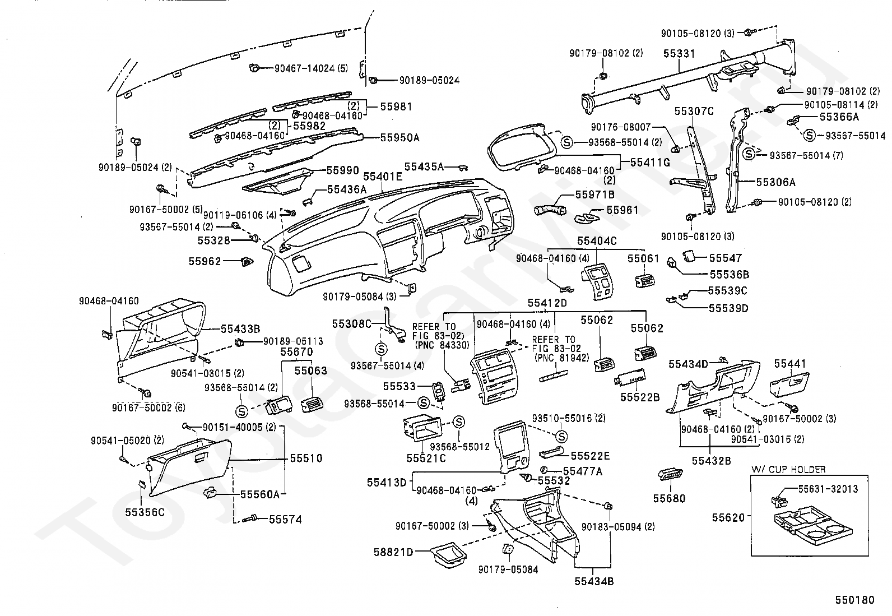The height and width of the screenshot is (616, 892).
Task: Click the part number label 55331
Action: (679, 54)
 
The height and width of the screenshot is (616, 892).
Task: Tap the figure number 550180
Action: (854, 600)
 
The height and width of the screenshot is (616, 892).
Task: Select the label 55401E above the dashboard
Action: (382, 177)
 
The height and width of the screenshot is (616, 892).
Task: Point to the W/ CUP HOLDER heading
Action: (788, 469)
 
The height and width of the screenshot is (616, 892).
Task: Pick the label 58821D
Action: (393, 552)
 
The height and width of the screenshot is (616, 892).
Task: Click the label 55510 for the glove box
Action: (306, 458)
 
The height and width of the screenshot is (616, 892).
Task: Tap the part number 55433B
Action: (240, 328)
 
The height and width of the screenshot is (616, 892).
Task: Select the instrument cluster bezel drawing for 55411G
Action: (522, 147)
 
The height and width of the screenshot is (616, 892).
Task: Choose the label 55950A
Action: (399, 138)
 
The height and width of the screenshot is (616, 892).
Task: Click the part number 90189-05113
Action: (293, 341)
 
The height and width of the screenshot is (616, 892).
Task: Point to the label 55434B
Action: (594, 581)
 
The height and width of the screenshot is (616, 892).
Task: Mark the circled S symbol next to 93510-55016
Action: (561, 437)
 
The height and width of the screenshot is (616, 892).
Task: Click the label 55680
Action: (669, 498)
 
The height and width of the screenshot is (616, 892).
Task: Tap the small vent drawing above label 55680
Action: (670, 474)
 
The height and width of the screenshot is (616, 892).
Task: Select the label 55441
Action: (789, 363)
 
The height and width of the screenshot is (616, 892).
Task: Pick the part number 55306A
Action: (775, 182)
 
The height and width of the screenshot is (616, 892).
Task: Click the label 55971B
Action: (595, 194)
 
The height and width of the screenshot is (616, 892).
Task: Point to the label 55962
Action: (205, 261)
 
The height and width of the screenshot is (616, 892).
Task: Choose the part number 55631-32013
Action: (828, 489)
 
